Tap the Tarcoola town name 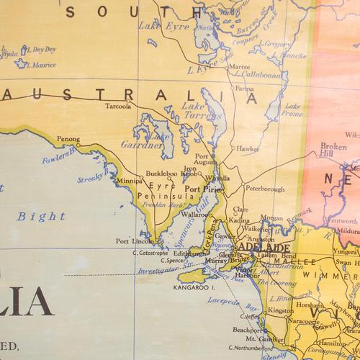[119, 104]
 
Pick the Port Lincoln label [132, 241]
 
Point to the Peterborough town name [265, 189]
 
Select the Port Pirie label [202, 190]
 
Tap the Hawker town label [248, 149]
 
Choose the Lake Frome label [292, 108]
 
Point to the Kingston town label [280, 310]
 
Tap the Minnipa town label [131, 181]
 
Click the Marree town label [239, 66]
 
